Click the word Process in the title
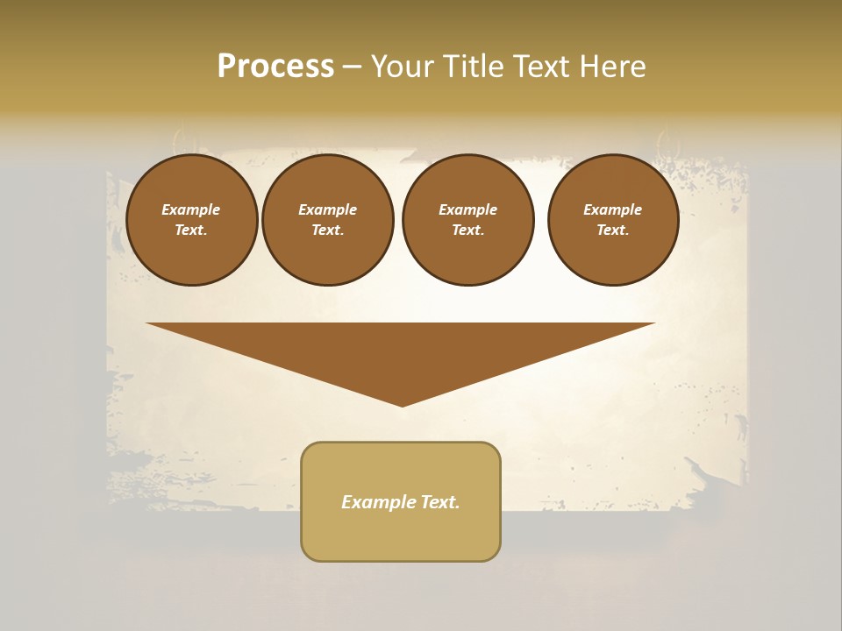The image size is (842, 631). coord(275,67)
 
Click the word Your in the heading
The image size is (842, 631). coord(403,67)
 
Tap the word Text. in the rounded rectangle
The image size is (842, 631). coord(439,502)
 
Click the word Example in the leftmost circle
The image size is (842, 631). coord(191,209)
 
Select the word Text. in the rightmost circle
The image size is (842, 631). coord(612,230)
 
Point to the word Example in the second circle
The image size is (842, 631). coord(328,209)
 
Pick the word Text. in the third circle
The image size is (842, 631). coord(467,230)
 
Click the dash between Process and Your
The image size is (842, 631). coord(353,67)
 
